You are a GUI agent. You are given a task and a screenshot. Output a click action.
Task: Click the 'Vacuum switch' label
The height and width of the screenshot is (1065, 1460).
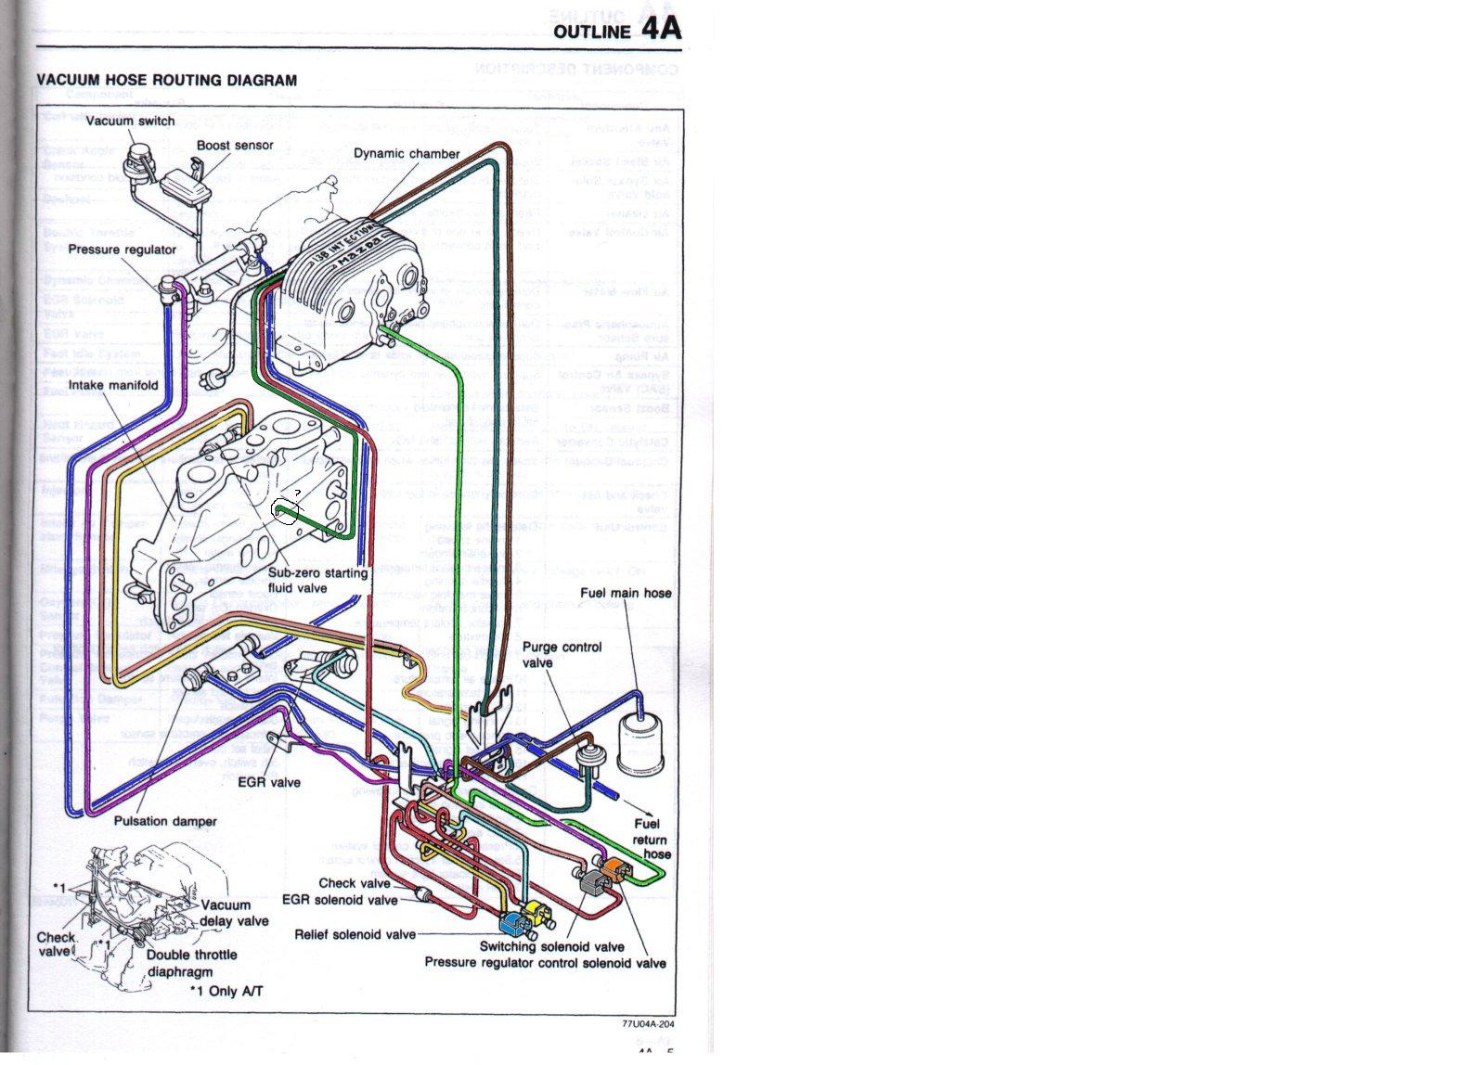pyautogui.click(x=130, y=122)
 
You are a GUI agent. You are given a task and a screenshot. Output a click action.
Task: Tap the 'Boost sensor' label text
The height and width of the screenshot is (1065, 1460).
pyautogui.click(x=235, y=146)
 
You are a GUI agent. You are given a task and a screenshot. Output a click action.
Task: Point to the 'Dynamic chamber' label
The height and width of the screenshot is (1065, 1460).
pyautogui.click(x=407, y=153)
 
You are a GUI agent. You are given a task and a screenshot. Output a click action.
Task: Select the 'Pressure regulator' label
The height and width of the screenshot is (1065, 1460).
pyautogui.click(x=122, y=250)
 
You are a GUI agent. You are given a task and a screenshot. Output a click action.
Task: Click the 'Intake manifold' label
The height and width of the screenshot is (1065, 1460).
pyautogui.click(x=113, y=385)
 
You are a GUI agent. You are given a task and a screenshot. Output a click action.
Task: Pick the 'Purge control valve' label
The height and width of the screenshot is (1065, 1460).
pyautogui.click(x=562, y=655)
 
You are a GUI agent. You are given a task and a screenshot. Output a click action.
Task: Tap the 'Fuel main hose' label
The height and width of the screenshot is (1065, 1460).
pyautogui.click(x=626, y=593)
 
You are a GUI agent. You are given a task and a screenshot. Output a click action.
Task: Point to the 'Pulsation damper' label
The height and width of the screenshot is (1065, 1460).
pyautogui.click(x=165, y=821)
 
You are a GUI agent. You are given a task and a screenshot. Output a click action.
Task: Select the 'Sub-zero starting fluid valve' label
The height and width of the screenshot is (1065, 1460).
pyautogui.click(x=317, y=580)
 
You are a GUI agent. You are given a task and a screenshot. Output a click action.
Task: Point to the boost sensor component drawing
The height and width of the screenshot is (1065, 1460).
pyautogui.click(x=187, y=188)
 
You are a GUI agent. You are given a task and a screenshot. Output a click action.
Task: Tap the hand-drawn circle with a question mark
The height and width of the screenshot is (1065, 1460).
pyautogui.click(x=286, y=511)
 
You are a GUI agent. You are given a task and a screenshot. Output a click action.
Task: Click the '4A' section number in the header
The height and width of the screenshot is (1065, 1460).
pyautogui.click(x=660, y=27)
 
